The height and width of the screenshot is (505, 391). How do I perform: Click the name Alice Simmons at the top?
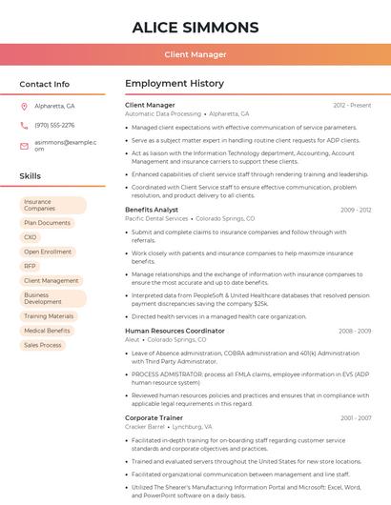point(195,27)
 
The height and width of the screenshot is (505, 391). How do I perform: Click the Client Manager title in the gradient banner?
point(195,55)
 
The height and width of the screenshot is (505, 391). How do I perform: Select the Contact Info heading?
point(44,84)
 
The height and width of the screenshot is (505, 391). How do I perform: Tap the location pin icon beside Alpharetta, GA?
point(24,106)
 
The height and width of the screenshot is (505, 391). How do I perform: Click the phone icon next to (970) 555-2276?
point(24,125)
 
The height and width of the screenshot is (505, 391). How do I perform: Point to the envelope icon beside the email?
point(24,145)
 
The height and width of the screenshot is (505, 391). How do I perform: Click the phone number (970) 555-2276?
point(54,125)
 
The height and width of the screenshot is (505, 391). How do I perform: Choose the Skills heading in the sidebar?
point(30,176)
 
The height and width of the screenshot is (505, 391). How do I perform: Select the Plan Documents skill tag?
point(47,223)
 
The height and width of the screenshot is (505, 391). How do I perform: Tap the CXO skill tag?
point(31,237)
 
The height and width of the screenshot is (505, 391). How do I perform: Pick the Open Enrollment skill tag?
point(48,252)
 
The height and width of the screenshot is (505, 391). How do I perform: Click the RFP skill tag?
point(31,266)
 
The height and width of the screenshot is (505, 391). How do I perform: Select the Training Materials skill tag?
point(49,316)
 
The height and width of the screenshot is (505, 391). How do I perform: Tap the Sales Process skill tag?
point(43,345)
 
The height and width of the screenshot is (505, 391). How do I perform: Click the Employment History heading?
point(174,84)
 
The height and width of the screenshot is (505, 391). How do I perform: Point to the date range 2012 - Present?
point(352,105)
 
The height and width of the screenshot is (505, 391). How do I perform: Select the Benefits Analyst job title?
point(152,209)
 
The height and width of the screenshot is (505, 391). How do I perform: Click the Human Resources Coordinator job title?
point(175,331)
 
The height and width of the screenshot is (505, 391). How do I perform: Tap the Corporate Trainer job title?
point(154,417)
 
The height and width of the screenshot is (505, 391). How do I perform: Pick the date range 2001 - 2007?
point(355,417)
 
